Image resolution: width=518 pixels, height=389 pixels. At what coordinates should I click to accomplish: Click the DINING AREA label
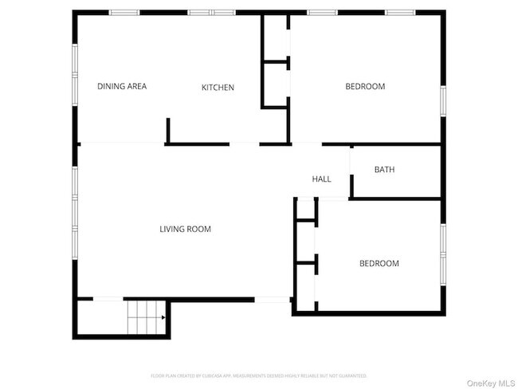(x=122, y=87)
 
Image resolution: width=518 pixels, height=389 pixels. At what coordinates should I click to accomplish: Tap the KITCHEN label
(x=218, y=88)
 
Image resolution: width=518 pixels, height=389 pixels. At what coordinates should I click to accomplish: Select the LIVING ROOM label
(x=185, y=230)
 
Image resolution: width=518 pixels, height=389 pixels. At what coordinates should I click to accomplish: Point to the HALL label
(x=321, y=179)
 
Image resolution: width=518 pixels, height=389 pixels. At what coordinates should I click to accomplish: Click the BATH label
(x=384, y=170)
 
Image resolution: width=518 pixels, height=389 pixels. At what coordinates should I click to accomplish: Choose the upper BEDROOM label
(x=365, y=87)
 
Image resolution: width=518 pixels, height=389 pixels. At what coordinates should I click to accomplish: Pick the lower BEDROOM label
(x=379, y=264)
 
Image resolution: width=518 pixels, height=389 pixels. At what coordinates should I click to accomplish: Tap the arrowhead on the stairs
(x=163, y=317)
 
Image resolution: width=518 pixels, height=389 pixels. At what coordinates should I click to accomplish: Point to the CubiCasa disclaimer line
(x=259, y=375)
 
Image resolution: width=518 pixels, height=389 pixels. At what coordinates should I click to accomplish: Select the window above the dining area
(x=124, y=12)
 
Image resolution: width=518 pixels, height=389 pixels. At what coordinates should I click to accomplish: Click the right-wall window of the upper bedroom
(x=443, y=101)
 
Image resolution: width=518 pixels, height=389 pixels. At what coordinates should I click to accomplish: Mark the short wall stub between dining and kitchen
(x=168, y=131)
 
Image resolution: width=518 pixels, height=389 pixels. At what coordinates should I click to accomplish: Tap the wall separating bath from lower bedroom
(x=396, y=198)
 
